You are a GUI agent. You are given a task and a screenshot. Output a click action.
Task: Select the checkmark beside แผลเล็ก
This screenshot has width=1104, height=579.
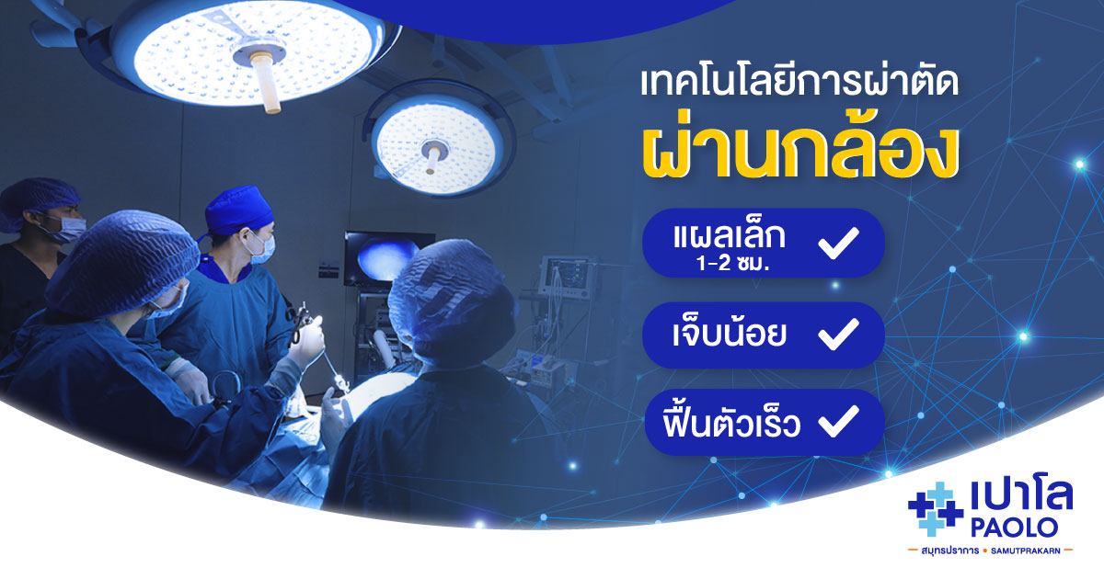(x=838, y=243)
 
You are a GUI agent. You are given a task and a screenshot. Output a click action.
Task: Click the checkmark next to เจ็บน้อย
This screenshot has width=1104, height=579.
(x=838, y=334)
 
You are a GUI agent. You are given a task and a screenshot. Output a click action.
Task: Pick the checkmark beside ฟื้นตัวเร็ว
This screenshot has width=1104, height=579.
(x=838, y=421)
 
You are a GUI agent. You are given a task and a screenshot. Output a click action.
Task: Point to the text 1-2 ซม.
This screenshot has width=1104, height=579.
(x=733, y=264)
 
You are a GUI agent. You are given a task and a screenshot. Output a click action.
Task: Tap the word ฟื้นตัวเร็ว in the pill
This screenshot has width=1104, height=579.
(x=731, y=423)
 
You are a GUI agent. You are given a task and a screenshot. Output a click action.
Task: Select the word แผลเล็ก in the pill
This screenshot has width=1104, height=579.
(x=729, y=236)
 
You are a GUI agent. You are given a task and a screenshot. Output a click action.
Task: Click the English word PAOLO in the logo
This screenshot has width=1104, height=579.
(x=1014, y=528)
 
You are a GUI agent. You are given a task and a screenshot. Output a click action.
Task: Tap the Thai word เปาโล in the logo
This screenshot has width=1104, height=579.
(x=1021, y=495)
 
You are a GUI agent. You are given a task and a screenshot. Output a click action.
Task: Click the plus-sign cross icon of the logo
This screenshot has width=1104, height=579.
(x=935, y=508)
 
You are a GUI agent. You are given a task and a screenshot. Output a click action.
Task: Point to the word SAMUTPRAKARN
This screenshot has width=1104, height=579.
(x=1026, y=551)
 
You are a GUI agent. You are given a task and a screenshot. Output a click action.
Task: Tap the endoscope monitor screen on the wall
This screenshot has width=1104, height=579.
(x=388, y=259)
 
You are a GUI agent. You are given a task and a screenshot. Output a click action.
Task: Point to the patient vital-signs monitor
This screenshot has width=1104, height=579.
(x=567, y=278)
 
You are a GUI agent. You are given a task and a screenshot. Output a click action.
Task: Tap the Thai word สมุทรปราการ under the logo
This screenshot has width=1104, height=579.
(x=949, y=551)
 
